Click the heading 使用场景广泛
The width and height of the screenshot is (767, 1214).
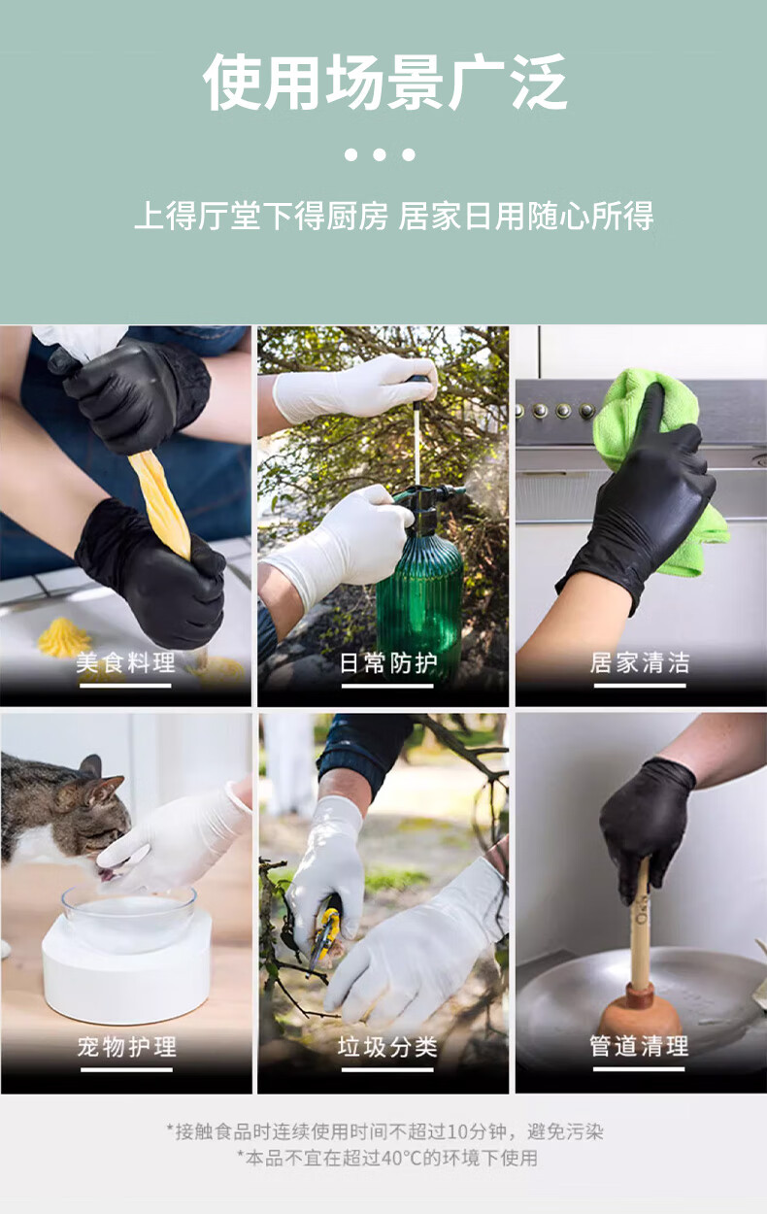[384, 83]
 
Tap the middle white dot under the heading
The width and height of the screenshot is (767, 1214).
[380, 155]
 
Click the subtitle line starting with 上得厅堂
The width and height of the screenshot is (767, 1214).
[394, 216]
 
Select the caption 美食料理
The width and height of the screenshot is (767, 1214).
[125, 662]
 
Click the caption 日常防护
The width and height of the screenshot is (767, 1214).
[387, 662]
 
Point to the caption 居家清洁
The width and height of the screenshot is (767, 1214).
[640, 662]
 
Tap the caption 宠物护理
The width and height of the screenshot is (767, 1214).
[127, 1047]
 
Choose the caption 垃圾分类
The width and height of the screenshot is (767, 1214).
[387, 1047]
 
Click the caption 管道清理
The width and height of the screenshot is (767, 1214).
[639, 1046]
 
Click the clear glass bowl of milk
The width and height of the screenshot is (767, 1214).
[128, 916]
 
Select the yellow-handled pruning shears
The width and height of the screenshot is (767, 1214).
[324, 932]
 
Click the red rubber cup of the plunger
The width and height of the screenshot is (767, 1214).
[639, 1007]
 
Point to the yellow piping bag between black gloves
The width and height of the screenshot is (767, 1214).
[161, 505]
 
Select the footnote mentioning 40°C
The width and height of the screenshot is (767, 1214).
[387, 1159]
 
